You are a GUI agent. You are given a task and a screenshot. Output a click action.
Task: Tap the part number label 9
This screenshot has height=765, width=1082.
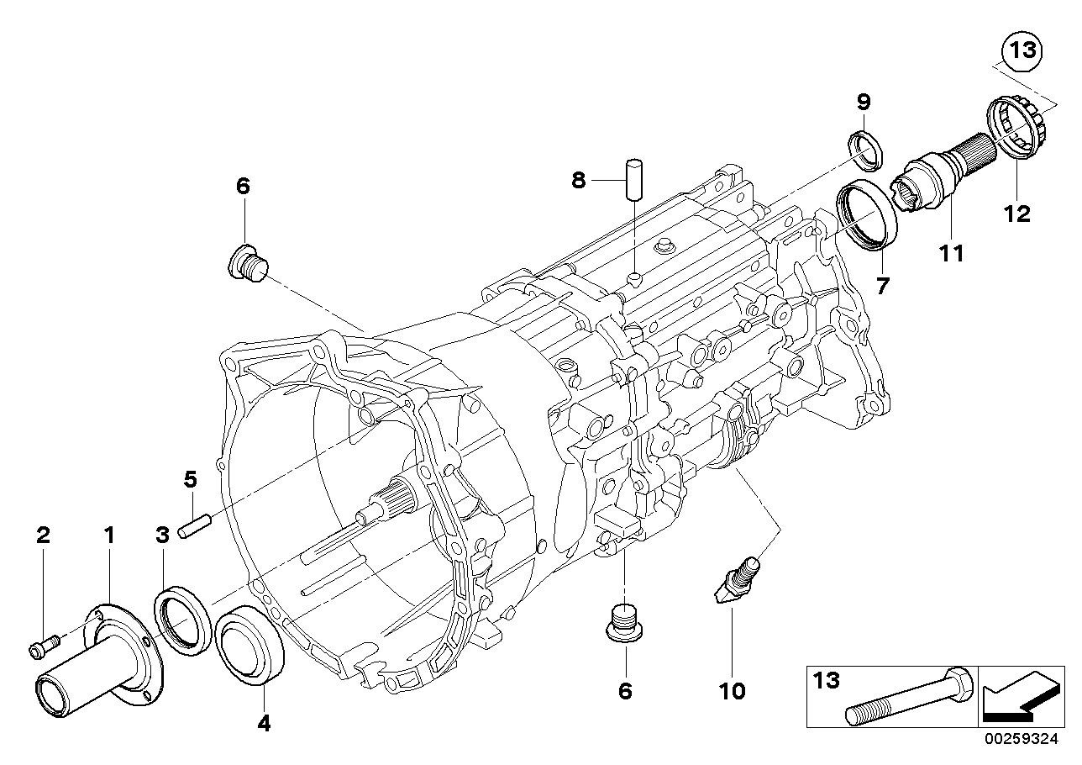pos(864,102)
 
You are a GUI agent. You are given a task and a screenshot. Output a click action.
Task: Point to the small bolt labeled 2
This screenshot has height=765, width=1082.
pos(45,646)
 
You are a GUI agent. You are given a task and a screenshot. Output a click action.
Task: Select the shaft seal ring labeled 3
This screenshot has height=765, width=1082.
pos(182,620)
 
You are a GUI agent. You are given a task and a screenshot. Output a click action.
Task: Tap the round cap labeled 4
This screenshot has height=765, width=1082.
pos(252,644)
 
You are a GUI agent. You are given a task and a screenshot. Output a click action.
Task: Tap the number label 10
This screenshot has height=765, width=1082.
pos(732,691)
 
